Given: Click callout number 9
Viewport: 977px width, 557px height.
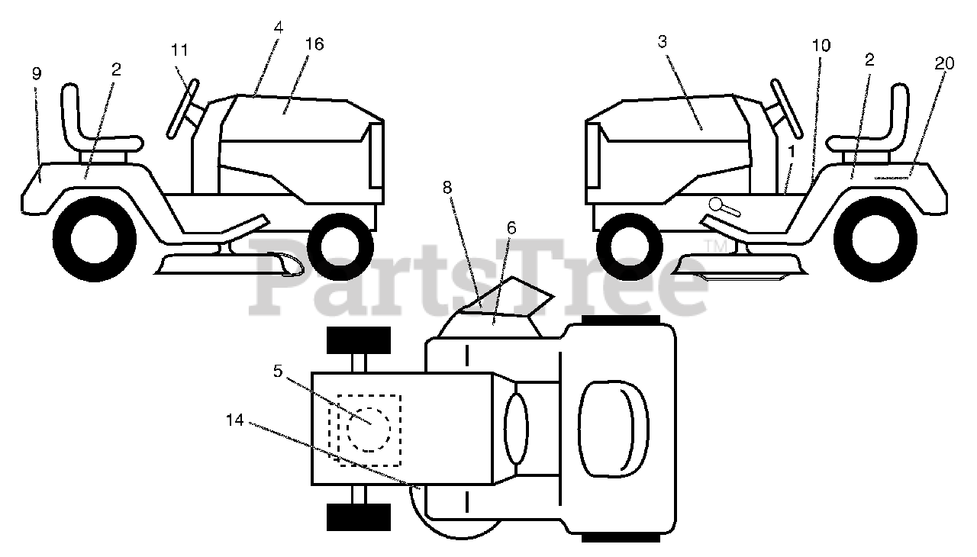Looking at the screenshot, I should coord(37,74).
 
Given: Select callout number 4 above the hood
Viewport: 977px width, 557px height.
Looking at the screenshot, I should coord(278,27).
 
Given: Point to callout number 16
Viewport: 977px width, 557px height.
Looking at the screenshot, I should coord(314,44).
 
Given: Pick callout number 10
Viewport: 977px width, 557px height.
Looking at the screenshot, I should coord(821,46).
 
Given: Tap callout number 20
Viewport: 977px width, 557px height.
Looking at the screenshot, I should coord(944,64).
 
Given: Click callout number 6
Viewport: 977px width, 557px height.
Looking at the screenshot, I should coord(511,227).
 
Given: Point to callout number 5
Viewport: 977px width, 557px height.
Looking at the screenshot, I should coord(277,372).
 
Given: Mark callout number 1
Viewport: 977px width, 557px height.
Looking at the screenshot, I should coord(791,152).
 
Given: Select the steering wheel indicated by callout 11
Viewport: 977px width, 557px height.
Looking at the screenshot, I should coord(184,108).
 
